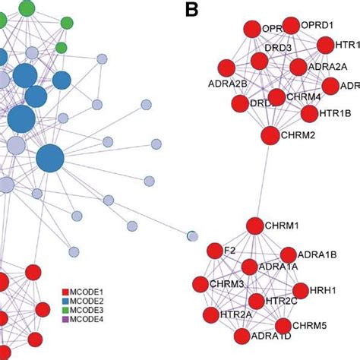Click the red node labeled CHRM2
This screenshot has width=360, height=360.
click(x=270, y=135)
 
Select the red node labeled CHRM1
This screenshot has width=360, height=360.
click(x=254, y=226)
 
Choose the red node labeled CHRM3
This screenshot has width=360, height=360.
click(x=200, y=285)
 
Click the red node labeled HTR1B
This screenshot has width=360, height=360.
click(x=309, y=114)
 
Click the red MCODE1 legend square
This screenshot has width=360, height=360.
click(x=66, y=292)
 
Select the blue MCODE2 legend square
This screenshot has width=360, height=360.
click(x=66, y=301)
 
